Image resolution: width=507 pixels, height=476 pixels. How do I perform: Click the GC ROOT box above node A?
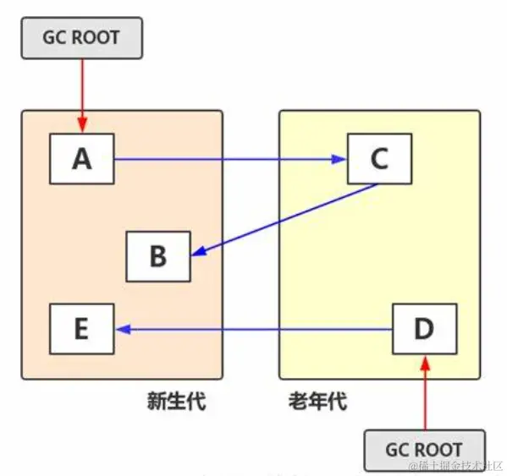(81, 37)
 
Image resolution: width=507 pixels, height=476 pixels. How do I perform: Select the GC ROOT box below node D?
(425, 450)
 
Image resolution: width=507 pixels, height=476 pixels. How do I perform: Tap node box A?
(81, 159)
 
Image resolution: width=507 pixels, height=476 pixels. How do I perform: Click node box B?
(158, 256)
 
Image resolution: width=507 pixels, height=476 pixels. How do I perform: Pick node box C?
(379, 159)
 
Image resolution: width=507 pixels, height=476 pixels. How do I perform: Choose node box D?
(425, 329)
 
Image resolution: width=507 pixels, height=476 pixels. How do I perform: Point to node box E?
(81, 329)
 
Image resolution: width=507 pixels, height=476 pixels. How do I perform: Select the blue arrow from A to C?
(229, 159)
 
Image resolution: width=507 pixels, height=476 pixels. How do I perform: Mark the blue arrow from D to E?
(254, 329)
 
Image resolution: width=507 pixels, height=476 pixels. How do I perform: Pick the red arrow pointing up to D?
(425, 393)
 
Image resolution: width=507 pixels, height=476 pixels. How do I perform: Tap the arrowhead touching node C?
(339, 159)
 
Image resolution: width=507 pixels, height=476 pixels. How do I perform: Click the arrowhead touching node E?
(122, 329)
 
